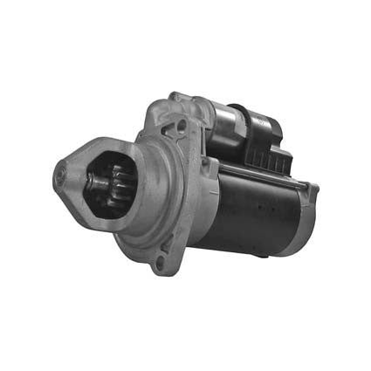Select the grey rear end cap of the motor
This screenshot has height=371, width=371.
[x=301, y=218]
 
